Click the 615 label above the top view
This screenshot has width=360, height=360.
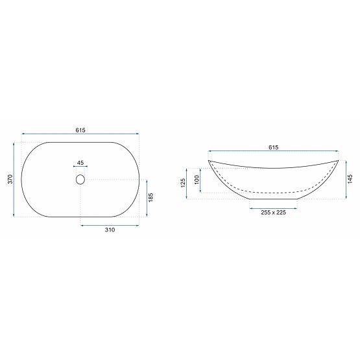[x=80, y=130]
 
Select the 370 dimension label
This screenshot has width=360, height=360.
[x=10, y=180]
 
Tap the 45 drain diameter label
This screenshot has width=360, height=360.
[x=80, y=163]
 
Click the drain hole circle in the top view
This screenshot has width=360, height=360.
[x=80, y=179]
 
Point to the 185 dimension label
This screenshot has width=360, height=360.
[x=150, y=198]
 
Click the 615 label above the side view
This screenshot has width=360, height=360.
[x=273, y=148]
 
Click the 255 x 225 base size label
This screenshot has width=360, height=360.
[x=273, y=212]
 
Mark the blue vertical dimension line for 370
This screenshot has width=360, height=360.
[x=14, y=180]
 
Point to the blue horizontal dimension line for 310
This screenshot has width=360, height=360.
[x=109, y=225]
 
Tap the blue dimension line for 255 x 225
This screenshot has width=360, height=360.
[x=273, y=206]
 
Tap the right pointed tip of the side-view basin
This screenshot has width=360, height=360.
[x=339, y=160]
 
